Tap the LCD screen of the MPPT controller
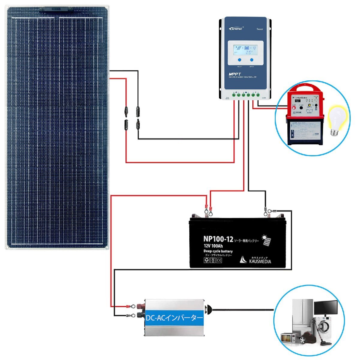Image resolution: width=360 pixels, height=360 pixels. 245,49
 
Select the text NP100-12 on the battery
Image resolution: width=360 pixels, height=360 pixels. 218,239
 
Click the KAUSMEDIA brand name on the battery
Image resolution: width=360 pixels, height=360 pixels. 260,261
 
